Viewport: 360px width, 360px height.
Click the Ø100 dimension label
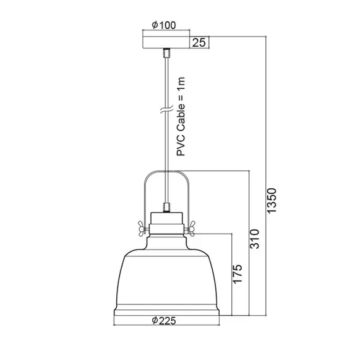click(164, 26)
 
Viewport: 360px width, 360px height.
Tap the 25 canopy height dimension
click(200, 43)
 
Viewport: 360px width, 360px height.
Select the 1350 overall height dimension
click(271, 200)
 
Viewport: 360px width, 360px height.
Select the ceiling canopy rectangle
click(166, 43)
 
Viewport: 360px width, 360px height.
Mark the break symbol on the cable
click(165, 111)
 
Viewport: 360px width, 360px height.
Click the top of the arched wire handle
click(165, 172)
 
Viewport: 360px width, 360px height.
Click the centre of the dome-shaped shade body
click(165, 278)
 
